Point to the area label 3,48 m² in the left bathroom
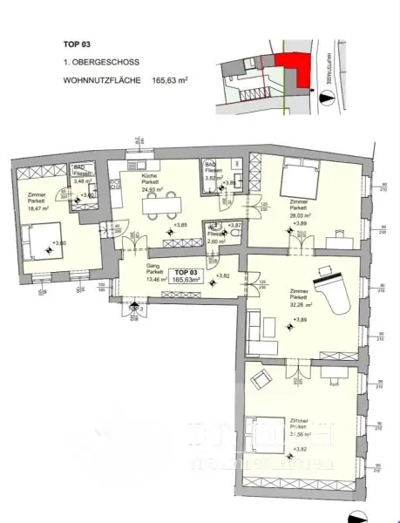point(81,180)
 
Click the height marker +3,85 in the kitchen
point(180,226)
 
